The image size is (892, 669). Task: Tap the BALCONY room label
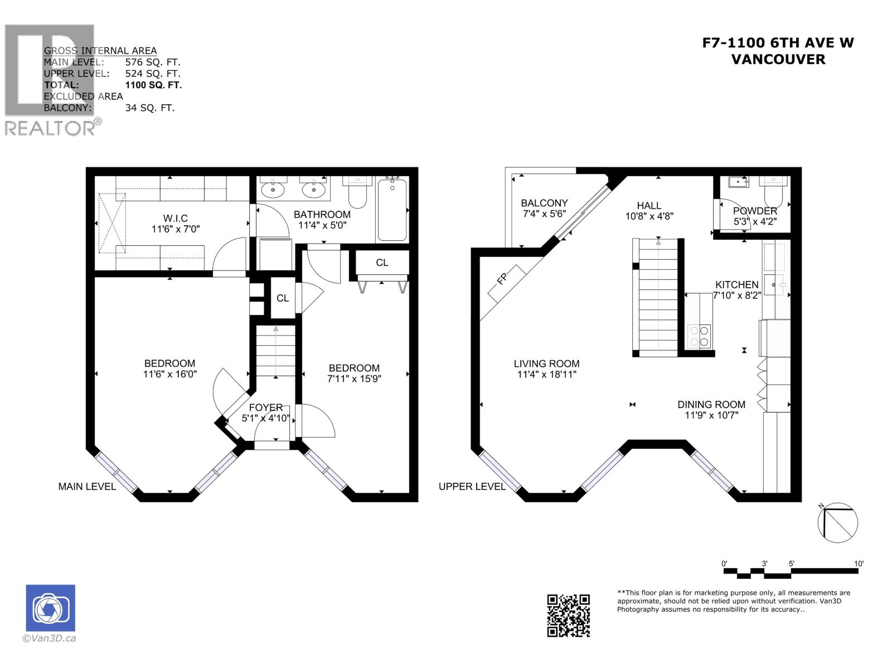pyautogui.click(x=544, y=203)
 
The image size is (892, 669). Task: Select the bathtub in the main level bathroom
pyautogui.click(x=392, y=209)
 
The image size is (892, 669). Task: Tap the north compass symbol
pyautogui.click(x=837, y=522)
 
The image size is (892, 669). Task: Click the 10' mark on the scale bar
pyautogui.click(x=859, y=564)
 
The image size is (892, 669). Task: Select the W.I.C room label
pyautogui.click(x=175, y=218)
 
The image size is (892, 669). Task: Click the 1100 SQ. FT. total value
pyautogui.click(x=153, y=85)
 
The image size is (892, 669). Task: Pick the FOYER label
pyautogui.click(x=265, y=408)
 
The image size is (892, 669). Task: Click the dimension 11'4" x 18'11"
pyautogui.click(x=546, y=375)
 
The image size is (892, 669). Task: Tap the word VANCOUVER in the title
pyautogui.click(x=778, y=59)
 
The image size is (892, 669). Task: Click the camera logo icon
pyautogui.click(x=51, y=608)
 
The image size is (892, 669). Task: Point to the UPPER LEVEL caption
pyautogui.click(x=472, y=486)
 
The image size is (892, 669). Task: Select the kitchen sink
pyautogui.click(x=774, y=284)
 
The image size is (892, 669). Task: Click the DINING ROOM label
pyautogui.click(x=711, y=405)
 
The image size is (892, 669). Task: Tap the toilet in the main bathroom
pyautogui.click(x=357, y=192)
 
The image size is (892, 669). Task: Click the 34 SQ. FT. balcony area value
pyautogui.click(x=149, y=108)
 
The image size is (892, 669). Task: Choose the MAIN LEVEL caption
pyautogui.click(x=87, y=486)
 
